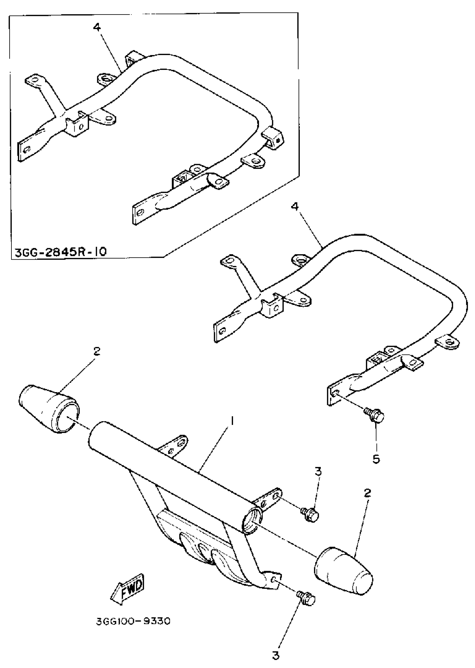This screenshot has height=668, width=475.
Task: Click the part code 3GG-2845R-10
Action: [x=61, y=252]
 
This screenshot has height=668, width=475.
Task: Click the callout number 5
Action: [x=376, y=459]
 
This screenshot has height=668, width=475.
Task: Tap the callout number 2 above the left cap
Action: [x=97, y=351]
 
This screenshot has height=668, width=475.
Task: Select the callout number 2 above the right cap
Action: [x=368, y=493]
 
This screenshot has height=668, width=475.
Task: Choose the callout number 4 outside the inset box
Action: [x=295, y=207]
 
